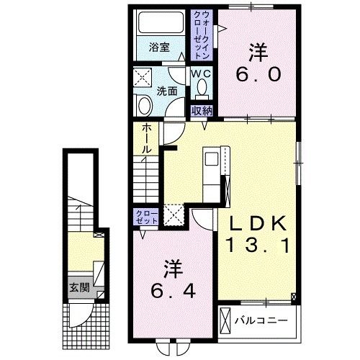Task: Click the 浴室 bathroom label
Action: point(159,48)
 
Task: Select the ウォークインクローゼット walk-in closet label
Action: point(201,33)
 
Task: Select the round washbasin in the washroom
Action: point(143,106)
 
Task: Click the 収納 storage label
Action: point(201,110)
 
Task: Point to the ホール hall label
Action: point(146,138)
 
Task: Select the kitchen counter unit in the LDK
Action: point(214,169)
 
